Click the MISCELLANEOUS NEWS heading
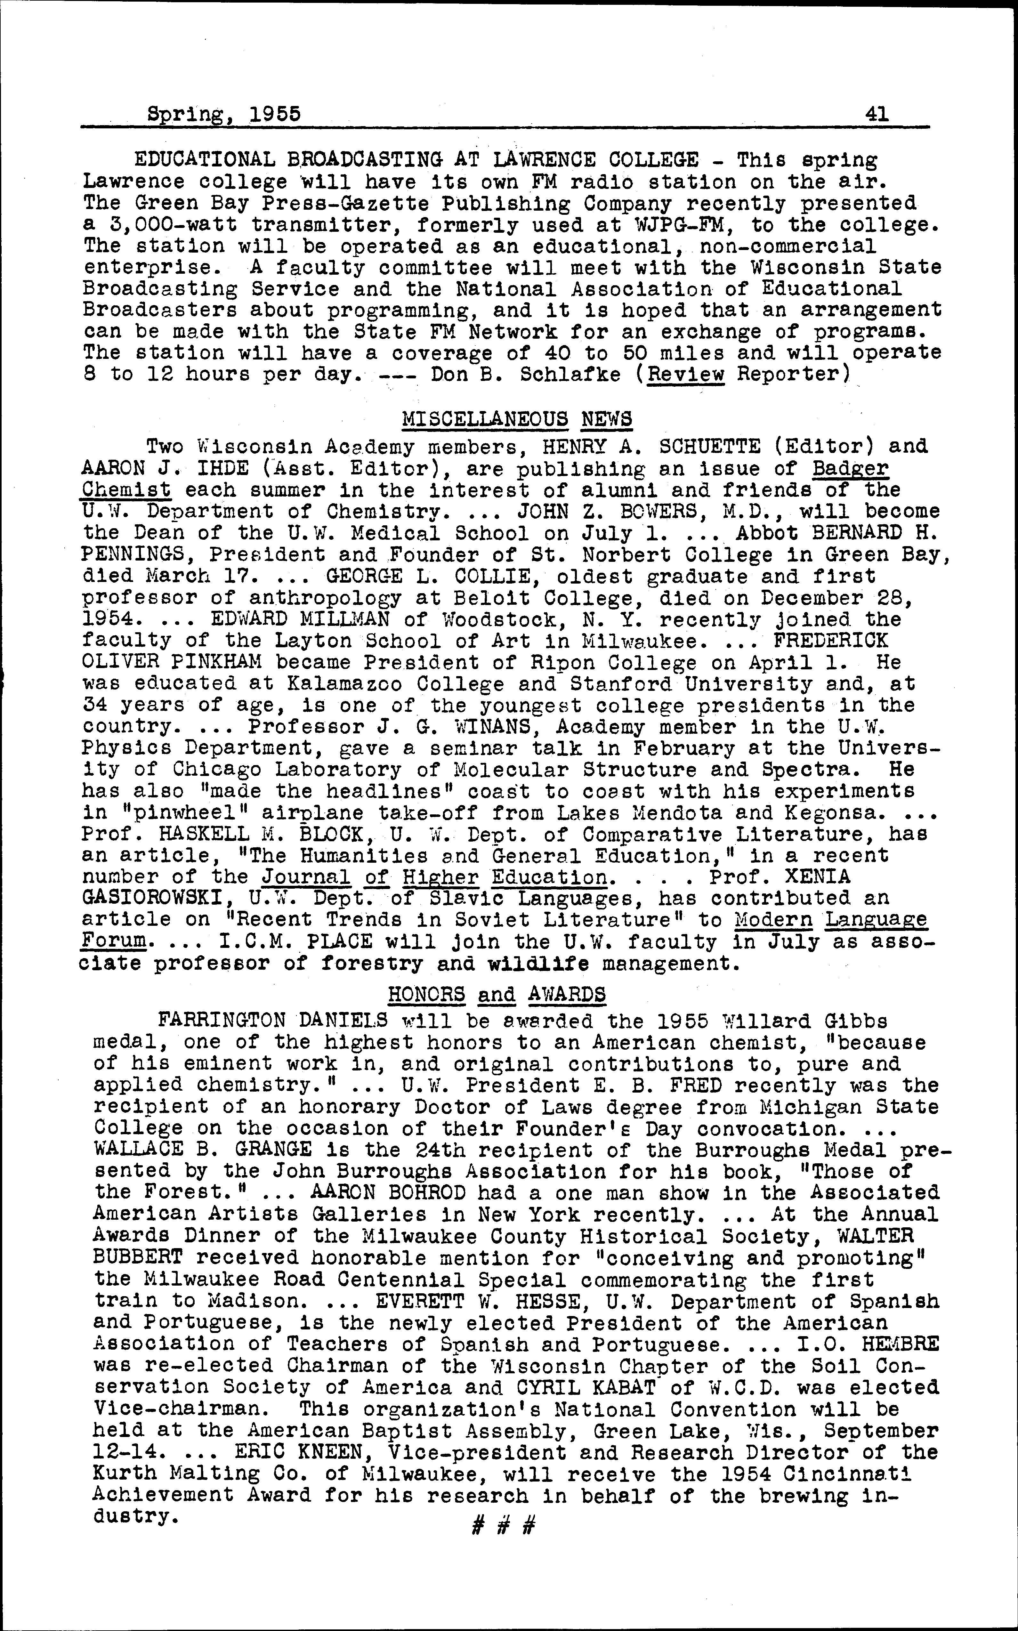[516, 419]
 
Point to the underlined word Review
[685, 374]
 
